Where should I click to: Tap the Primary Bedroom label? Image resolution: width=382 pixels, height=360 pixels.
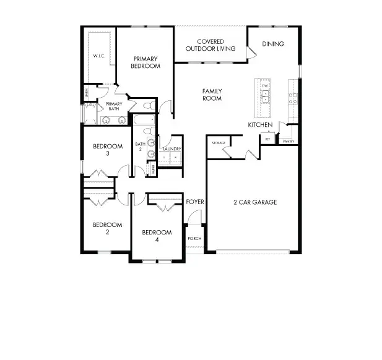pos(146,62)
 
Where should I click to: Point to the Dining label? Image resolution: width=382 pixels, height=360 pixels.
pos(272,44)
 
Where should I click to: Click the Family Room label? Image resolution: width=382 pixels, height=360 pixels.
pos(212,95)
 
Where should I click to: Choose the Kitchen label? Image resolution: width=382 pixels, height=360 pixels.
pos(260,125)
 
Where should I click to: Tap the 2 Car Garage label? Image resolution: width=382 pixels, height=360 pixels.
pos(254,202)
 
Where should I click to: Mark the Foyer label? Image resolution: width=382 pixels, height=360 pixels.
pos(195,202)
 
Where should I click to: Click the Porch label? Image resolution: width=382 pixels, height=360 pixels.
pos(194,238)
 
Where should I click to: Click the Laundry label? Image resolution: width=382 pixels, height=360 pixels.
pos(172,149)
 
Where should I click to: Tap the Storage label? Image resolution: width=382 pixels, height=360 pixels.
pos(218,143)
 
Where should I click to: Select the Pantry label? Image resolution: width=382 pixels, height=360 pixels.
pos(289,142)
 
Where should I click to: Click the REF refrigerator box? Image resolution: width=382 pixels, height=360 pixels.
pos(268,139)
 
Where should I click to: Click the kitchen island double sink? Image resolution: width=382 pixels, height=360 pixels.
pos(264,96)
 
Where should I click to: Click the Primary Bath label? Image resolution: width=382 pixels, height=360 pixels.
pos(113,106)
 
